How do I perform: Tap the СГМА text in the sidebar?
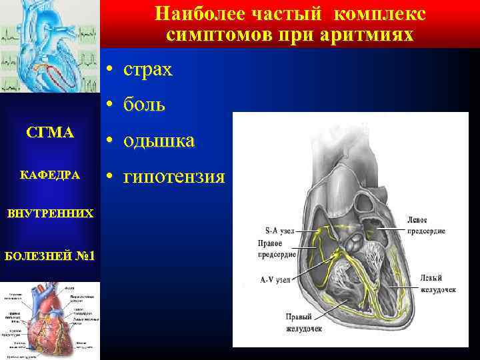50,133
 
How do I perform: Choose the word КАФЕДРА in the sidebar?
50,175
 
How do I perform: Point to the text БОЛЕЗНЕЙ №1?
50,255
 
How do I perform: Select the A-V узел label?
269,279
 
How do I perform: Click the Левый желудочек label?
439,283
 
